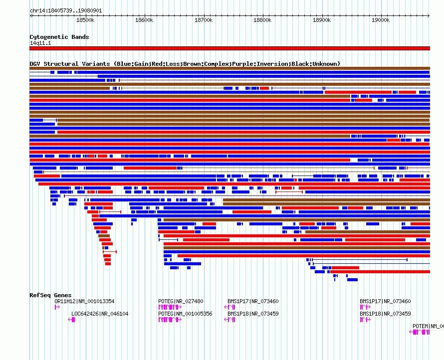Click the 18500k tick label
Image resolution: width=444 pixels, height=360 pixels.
point(85,20)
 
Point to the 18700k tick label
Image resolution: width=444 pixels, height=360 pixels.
point(204,20)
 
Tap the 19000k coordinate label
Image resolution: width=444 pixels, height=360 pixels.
point(381,20)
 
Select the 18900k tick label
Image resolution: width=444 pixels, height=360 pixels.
point(322,20)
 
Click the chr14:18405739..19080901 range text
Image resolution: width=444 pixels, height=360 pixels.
point(66,11)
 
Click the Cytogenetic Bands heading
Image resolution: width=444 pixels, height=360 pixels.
point(59,37)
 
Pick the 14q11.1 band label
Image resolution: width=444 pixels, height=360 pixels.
point(40,43)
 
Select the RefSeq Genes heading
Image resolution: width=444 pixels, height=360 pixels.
point(50,295)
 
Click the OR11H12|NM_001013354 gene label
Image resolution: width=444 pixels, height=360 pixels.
point(84,301)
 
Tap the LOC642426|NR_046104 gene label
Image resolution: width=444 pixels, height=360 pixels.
point(100,314)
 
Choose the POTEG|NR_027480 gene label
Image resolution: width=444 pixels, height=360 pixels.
point(181,301)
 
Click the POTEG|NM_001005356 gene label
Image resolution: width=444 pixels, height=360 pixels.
point(185,314)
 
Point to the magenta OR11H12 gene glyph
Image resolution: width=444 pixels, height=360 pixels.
point(57,307)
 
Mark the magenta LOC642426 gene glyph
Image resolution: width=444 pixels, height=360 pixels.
point(72,320)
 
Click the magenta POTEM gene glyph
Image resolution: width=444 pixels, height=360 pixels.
point(420,332)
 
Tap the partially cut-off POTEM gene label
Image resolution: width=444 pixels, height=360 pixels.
point(428,326)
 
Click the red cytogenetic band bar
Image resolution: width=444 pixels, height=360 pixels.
point(229,48)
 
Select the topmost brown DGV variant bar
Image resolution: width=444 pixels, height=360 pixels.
point(229,68)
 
